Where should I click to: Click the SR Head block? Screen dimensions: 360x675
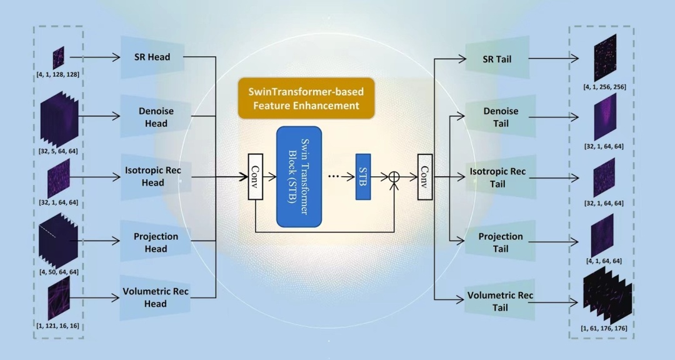[x=152, y=57]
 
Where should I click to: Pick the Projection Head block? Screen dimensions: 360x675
[x=156, y=242]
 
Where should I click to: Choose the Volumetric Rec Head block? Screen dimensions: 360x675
[x=156, y=297]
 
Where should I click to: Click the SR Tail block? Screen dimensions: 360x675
[x=497, y=59]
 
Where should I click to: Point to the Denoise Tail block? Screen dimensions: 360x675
[x=501, y=117]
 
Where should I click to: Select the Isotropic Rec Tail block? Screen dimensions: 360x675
[x=501, y=177]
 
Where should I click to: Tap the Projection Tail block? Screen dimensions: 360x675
[x=501, y=242]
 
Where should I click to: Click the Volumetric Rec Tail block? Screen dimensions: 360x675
[x=501, y=301]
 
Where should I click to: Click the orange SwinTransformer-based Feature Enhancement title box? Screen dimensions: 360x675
[x=306, y=98]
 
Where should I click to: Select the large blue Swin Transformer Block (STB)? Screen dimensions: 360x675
[x=299, y=176]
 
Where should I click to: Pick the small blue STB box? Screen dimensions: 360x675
[x=363, y=176]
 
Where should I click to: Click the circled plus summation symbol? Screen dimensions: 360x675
[x=394, y=177]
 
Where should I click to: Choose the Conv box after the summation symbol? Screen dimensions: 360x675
[x=425, y=177]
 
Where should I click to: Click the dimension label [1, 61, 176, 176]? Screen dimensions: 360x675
[x=604, y=327]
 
